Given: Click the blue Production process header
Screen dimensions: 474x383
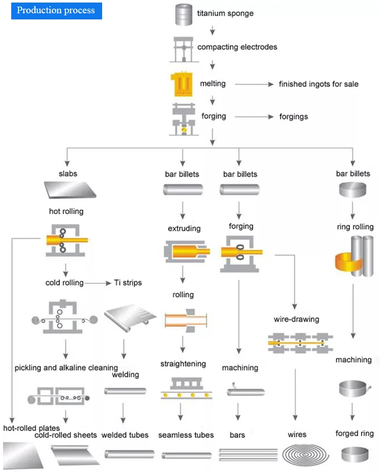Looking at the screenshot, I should [x=56, y=11].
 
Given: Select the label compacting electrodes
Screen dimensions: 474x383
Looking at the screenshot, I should [x=237, y=47].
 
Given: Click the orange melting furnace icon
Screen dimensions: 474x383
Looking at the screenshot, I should [x=181, y=83].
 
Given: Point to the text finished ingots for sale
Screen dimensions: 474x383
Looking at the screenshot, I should [x=318, y=84].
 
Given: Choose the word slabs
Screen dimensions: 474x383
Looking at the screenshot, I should [x=68, y=174].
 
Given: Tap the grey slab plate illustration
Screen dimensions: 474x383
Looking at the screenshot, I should [x=69, y=191].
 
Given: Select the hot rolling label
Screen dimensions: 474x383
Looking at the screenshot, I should [x=66, y=211].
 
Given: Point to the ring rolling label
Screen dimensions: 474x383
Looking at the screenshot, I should [x=355, y=227].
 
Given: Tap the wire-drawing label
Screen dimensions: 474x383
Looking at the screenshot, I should [x=296, y=319].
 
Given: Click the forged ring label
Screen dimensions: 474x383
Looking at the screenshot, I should [x=354, y=434].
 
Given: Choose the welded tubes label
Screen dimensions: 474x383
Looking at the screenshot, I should [x=125, y=435].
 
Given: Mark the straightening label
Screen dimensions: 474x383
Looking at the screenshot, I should [x=183, y=364].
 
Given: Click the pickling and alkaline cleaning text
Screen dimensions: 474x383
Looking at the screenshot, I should [x=66, y=368].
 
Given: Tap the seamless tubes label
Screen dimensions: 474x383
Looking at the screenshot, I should [x=186, y=435].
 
